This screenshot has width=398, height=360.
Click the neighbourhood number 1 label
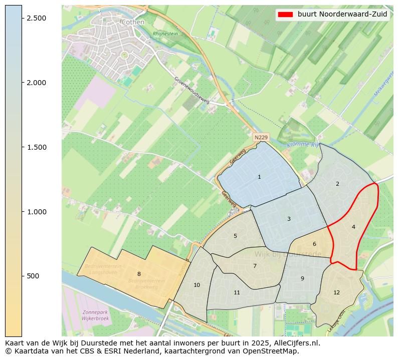[x=259, y=177]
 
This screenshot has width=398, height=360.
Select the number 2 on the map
[x=337, y=184]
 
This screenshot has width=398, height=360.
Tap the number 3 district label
[x=289, y=219]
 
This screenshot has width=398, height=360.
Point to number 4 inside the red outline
[x=353, y=227]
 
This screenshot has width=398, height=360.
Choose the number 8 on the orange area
[x=139, y=274]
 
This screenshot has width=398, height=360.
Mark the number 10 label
[x=196, y=285]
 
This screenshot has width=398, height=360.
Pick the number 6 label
[x=314, y=244]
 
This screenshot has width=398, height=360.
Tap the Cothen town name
[x=133, y=22]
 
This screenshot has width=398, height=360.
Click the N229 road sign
[x=261, y=137]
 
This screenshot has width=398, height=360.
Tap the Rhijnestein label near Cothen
[x=165, y=34]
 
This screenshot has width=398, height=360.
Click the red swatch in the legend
[x=285, y=14]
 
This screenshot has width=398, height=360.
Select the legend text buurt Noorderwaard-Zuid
[x=342, y=14]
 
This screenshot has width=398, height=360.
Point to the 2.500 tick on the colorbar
[x=36, y=18]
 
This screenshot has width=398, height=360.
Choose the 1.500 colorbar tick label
[x=36, y=147]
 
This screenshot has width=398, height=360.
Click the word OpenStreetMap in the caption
[x=274, y=351]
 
